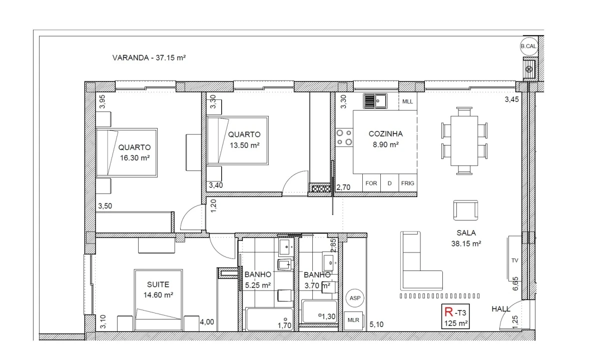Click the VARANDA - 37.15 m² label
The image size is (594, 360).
149,58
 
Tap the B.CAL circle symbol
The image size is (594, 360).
528,46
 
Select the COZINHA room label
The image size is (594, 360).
385,134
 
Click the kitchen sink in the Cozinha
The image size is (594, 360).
375,101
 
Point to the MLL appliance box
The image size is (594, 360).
408,101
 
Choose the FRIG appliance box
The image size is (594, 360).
407,183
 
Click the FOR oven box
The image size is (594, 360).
371,183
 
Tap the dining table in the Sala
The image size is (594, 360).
464,140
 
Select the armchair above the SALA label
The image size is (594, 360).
465,210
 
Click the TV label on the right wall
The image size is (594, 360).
515,261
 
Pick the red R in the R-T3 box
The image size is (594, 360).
449,312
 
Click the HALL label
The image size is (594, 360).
501,309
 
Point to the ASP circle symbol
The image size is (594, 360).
355,298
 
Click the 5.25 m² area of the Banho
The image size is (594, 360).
258,285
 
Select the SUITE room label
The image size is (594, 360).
158,284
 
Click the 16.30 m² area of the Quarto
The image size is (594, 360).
135,157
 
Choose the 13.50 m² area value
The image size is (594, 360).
244,145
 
